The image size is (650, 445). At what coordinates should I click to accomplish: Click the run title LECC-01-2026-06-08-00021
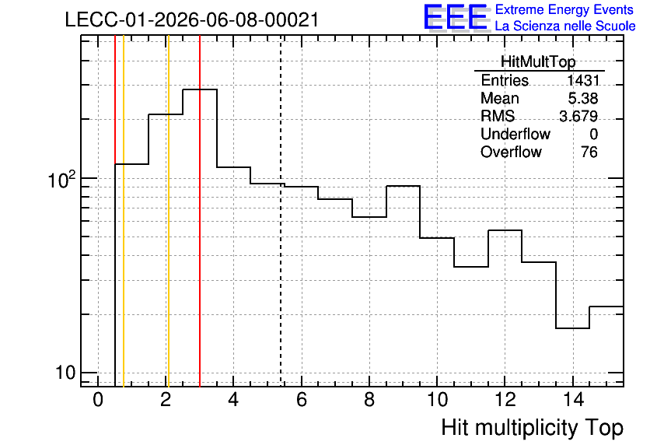point(192,19)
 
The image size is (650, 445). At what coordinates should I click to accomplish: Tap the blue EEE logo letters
point(456,16)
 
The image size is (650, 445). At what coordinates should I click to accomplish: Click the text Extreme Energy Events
point(564,9)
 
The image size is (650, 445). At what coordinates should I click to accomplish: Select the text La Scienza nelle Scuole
point(565,26)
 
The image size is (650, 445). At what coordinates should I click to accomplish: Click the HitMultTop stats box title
point(538,61)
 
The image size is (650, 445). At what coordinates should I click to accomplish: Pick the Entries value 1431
point(583,80)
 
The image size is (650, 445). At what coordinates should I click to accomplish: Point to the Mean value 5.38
point(583,98)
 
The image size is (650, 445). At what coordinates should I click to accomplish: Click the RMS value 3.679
point(578,116)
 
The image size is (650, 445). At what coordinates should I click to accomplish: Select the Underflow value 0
point(593,134)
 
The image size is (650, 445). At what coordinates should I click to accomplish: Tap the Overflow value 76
point(589,152)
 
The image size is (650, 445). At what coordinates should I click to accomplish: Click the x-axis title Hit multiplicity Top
point(533,427)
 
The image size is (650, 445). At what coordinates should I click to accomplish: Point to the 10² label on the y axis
point(61,179)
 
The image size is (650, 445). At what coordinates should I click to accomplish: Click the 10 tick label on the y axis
point(65,373)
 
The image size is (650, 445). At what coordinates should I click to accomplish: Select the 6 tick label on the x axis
point(302,400)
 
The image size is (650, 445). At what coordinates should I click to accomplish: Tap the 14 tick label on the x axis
point(573,400)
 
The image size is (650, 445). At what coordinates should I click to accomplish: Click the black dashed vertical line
point(281,211)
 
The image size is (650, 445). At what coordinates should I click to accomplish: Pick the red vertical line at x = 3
point(200,211)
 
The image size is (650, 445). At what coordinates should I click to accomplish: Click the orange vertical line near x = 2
point(168,211)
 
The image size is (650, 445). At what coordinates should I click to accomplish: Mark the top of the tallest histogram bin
point(200,89)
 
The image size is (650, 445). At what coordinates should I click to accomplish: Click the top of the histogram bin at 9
point(403,186)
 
